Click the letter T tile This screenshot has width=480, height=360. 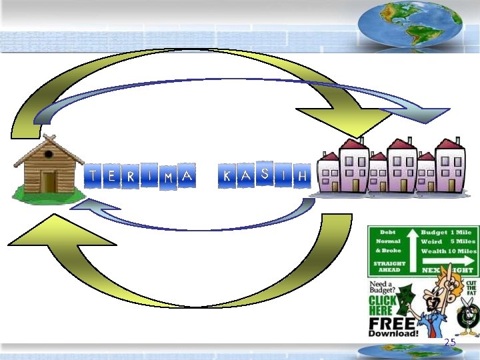[92, 176]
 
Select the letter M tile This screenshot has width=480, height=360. [169, 177]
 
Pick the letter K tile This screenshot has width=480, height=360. [227, 176]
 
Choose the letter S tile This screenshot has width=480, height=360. [265, 174]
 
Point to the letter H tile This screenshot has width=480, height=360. [303, 177]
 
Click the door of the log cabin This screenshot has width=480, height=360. [49, 181]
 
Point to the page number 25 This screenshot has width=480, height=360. [450, 342]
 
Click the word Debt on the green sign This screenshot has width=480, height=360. [387, 232]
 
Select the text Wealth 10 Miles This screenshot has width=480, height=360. [449, 251]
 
